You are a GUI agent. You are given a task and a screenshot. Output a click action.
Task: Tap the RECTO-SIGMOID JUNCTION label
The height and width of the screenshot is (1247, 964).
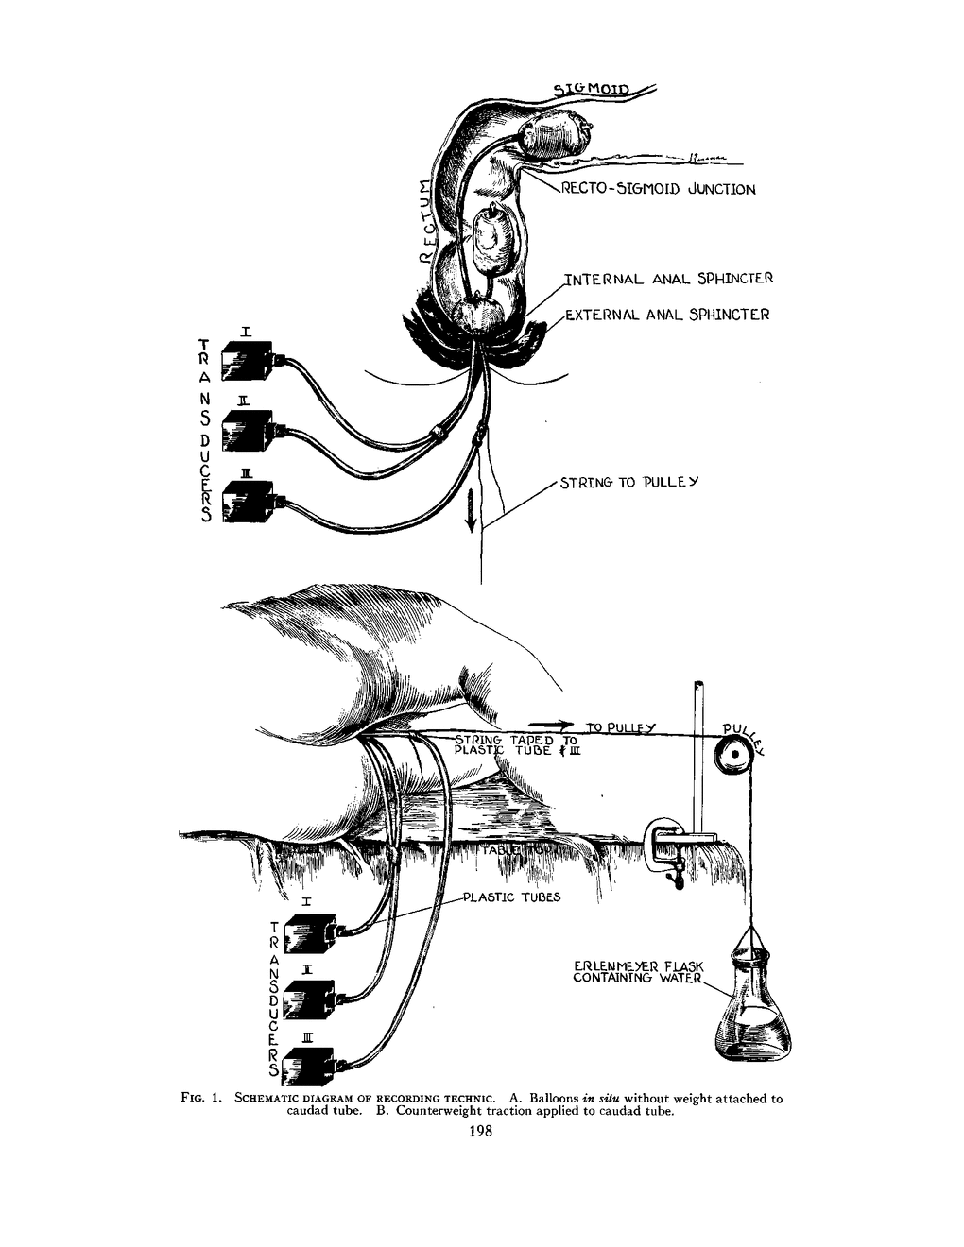[658, 190]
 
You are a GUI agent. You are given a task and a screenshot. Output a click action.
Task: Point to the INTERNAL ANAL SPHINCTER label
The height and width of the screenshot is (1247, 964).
[668, 279]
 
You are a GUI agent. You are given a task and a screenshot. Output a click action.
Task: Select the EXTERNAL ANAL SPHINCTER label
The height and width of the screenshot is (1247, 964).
[667, 315]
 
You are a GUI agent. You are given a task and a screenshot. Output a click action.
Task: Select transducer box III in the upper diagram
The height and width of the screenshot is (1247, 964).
[248, 503]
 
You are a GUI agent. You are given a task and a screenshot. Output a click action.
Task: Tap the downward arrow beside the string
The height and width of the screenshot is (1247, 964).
[470, 516]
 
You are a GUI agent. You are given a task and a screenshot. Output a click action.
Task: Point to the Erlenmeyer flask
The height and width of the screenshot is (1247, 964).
[753, 1011]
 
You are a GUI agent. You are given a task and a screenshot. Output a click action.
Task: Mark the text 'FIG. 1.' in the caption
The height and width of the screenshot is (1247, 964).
[200, 1099]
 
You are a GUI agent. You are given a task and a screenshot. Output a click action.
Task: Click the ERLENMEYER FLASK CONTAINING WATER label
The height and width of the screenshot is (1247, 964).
[639, 972]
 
